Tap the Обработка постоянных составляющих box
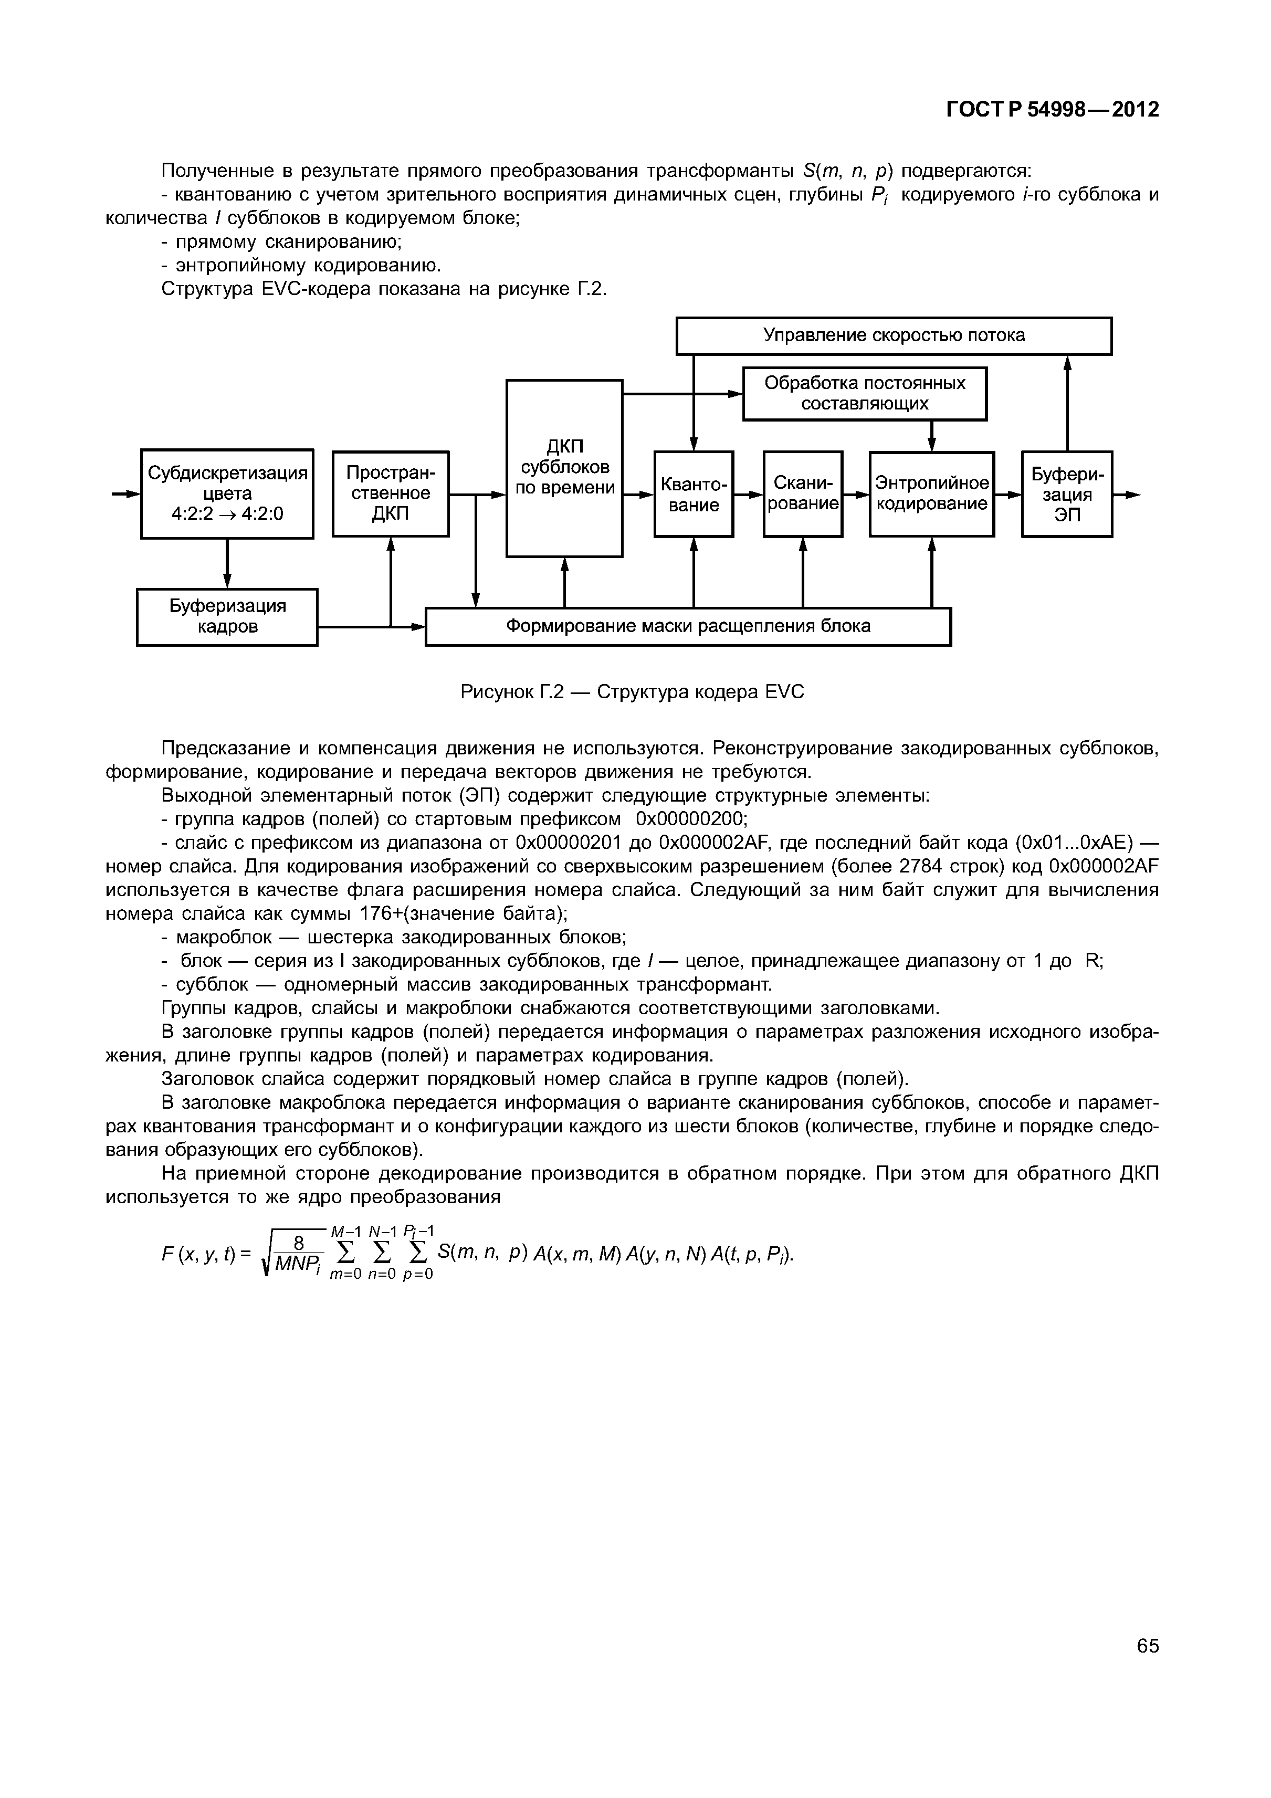click(865, 393)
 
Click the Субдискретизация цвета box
click(227, 493)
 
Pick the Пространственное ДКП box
click(391, 493)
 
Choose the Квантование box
click(693, 494)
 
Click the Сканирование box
click(803, 493)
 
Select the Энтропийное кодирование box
click(931, 493)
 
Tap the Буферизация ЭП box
click(1067, 494)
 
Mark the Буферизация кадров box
click(227, 616)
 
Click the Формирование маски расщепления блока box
click(688, 626)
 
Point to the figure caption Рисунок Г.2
click(632, 692)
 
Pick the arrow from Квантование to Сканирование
click(749, 494)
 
